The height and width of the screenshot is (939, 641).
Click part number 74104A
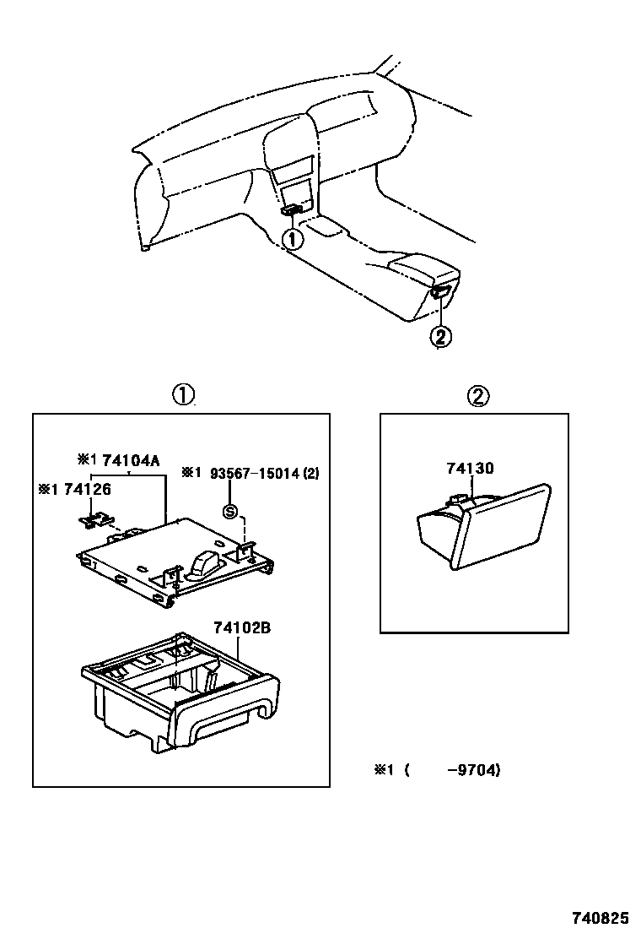point(132,460)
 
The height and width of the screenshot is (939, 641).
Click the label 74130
point(470,469)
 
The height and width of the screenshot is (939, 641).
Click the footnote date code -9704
point(474,769)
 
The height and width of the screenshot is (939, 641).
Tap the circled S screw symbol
point(229,510)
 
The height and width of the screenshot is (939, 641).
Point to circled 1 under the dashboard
point(291,239)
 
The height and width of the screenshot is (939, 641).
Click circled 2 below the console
point(440,337)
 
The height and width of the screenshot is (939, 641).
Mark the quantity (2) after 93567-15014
point(310,473)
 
